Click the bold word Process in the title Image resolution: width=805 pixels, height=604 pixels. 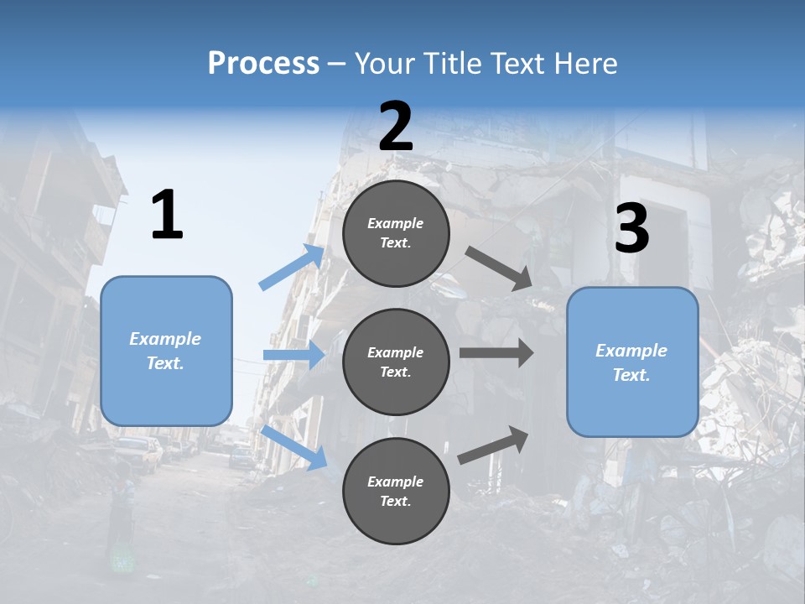(263, 64)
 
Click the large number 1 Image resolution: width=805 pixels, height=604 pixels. (167, 216)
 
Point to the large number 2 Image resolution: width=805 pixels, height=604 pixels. (396, 127)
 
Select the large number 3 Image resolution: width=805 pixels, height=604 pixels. (631, 229)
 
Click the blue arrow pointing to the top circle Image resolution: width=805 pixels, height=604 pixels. (292, 267)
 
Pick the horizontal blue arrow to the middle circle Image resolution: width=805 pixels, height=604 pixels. (293, 355)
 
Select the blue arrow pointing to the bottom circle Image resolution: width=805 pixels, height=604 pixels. (294, 446)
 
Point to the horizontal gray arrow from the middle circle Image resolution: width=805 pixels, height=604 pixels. (496, 353)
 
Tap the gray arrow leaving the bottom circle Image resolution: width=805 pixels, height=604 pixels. (494, 445)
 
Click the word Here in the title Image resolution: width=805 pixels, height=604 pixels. (587, 64)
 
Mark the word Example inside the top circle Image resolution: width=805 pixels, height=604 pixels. (396, 224)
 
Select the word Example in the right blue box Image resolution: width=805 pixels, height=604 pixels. (631, 351)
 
